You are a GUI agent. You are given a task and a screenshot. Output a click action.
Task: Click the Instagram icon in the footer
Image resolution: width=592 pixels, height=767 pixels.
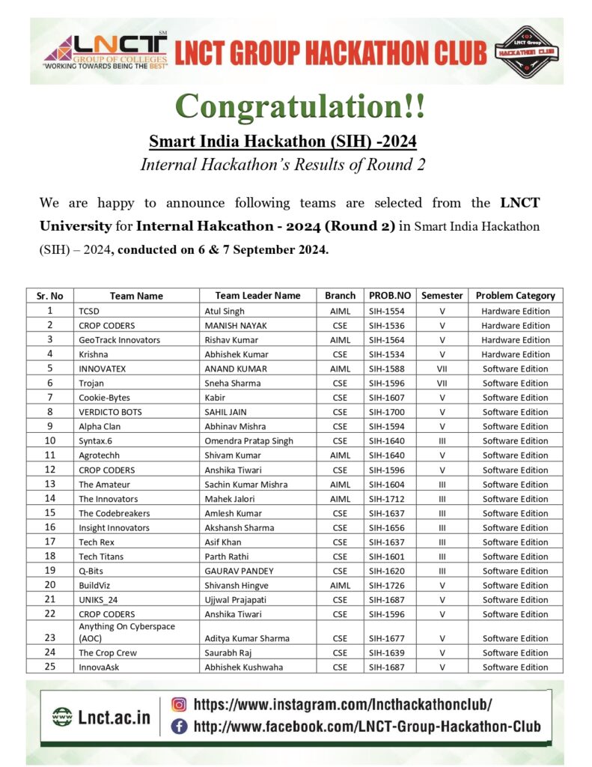click(179, 704)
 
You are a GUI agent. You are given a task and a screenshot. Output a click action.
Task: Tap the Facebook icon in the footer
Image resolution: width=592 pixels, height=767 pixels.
click(179, 726)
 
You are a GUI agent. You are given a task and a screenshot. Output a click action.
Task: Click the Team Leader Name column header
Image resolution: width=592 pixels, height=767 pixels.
click(257, 295)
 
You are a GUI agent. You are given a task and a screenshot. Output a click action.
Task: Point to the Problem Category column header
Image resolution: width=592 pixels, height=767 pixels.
click(515, 295)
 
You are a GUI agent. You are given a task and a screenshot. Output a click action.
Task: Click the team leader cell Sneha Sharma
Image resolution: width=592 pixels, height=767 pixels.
click(233, 383)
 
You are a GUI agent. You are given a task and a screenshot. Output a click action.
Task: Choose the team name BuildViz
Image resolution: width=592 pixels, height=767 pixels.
click(95, 586)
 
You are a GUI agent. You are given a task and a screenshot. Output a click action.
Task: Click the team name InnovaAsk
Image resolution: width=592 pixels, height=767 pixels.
click(99, 667)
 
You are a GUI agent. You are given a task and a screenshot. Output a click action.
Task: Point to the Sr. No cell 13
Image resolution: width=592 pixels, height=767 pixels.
click(50, 484)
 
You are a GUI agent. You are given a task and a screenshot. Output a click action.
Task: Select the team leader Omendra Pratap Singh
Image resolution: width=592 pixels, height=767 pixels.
click(248, 441)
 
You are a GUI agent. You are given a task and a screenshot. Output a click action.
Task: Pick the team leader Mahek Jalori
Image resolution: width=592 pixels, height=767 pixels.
click(229, 499)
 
